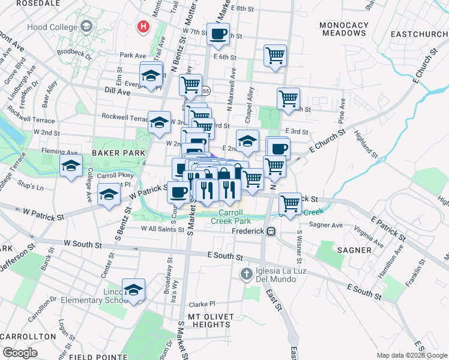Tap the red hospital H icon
tap(143, 26)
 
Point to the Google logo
tap(20, 353)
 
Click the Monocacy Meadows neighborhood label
tap(344, 29)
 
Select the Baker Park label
tap(119, 154)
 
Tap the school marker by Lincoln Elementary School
tap(133, 289)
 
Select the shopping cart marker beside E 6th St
tap(275, 55)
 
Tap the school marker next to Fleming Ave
tap(71, 165)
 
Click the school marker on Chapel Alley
tap(247, 141)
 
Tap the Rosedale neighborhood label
tap(29, 3)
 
